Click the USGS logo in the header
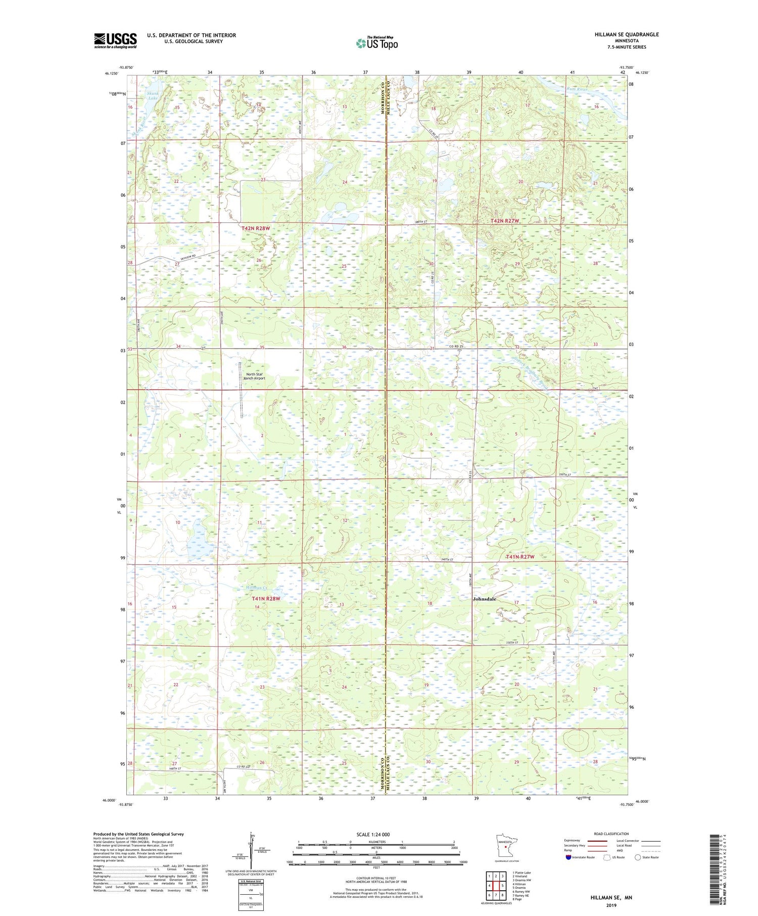[115, 40]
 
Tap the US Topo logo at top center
[376, 43]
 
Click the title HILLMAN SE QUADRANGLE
[627, 34]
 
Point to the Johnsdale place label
[484, 599]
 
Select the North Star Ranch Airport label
[254, 376]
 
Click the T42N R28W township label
[256, 228]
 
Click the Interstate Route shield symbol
[568, 857]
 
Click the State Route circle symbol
[638, 857]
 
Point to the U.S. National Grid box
[251, 890]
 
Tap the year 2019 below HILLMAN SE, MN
[611, 905]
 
